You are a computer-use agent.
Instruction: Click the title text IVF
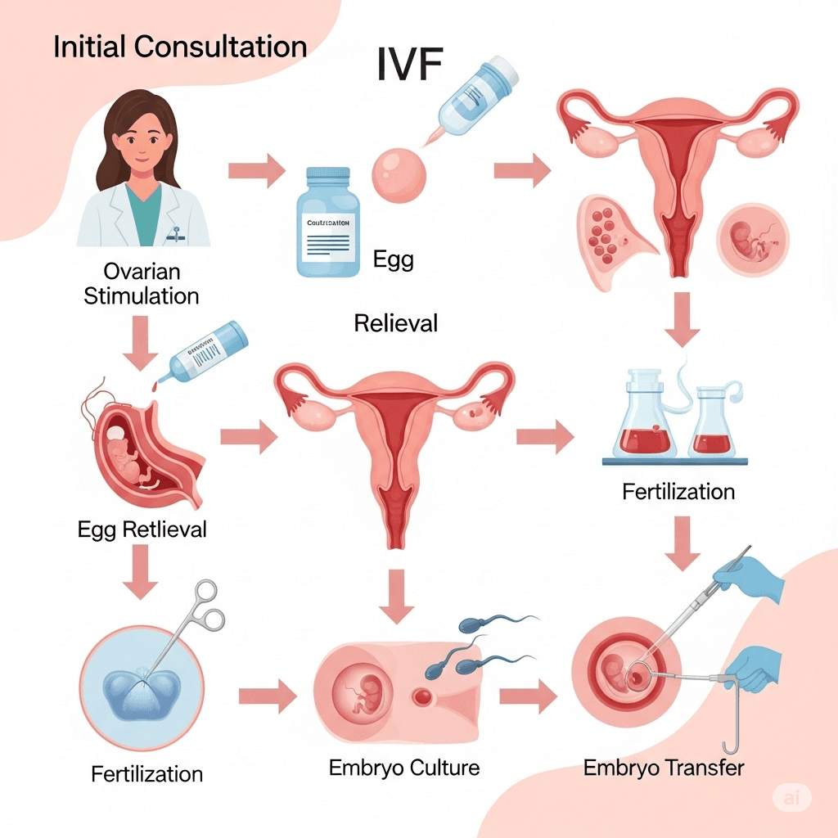pos(410,65)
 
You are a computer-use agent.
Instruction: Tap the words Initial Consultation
pos(180,47)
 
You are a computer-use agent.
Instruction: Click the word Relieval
pos(396,323)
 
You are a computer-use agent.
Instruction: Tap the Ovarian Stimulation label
pos(142,282)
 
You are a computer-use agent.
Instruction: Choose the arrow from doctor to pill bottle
pos(255,172)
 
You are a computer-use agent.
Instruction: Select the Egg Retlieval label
pos(142,529)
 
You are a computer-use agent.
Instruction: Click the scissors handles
pos(205,606)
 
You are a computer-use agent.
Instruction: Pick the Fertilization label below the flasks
pos(678,492)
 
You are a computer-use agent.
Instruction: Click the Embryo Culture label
pos(404,768)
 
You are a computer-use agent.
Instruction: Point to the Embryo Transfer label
pos(664,768)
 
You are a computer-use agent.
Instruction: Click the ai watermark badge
pos(791,799)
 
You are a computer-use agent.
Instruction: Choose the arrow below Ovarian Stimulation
pos(141,346)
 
